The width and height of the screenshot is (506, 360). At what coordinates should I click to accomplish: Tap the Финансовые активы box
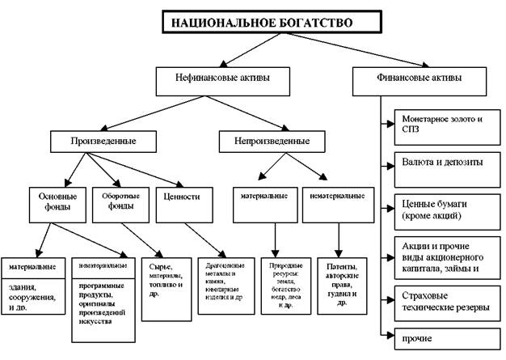click(419, 79)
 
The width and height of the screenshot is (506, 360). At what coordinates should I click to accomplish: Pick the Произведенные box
click(103, 141)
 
